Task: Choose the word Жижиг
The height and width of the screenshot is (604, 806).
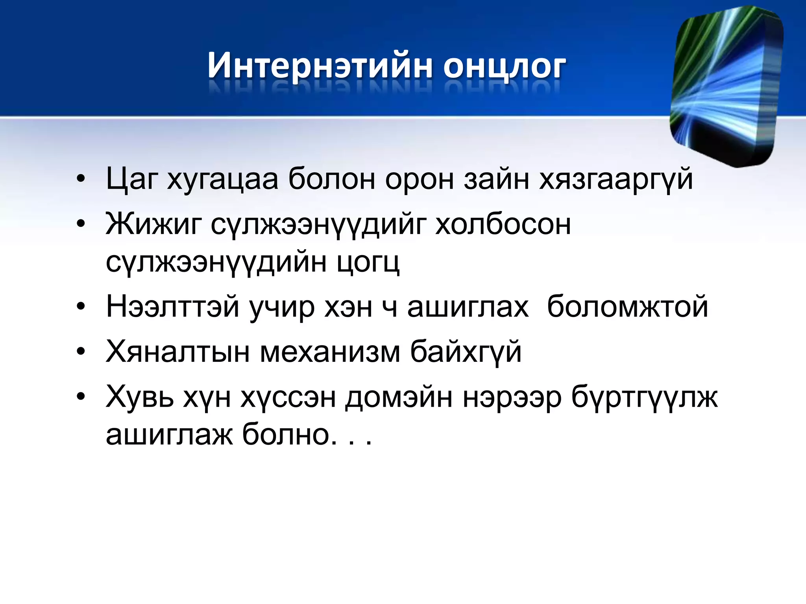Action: coord(153,225)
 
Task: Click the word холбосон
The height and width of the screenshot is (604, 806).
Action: coord(503,225)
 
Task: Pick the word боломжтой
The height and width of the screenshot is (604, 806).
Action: coord(627,307)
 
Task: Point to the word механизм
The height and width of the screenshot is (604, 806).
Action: coord(330,352)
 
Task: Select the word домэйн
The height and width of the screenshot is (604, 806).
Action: coord(399,397)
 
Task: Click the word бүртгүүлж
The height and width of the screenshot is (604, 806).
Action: coord(644,397)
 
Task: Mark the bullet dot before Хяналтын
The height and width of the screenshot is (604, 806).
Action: coord(81,352)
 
